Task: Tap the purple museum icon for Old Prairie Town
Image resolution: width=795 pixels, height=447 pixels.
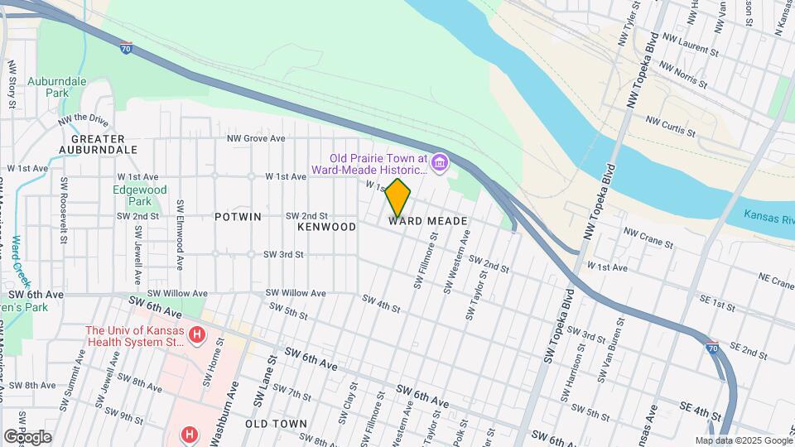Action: coord(440,161)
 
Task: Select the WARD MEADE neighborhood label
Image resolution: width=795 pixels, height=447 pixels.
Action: coord(428,221)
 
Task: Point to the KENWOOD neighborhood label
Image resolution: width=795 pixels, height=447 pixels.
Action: coord(326,226)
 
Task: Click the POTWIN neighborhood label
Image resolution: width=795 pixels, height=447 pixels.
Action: coord(238,217)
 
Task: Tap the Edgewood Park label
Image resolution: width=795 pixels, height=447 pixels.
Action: coord(139,195)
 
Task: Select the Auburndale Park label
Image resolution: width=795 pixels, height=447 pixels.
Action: coord(57,88)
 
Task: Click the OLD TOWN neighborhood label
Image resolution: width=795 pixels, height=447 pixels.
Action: coord(277,423)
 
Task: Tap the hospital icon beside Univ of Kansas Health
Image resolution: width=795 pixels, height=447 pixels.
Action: coord(197,335)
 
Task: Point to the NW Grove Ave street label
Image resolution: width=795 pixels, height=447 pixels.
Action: coord(256,138)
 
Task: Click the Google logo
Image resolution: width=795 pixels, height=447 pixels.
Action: coord(27,436)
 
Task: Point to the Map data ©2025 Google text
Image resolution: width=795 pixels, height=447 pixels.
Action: coord(743,440)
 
